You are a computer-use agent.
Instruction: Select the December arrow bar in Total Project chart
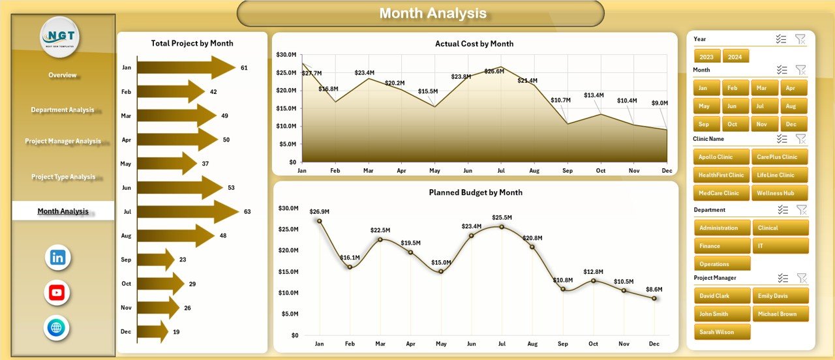(x=153, y=331)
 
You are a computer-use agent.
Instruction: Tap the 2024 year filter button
(x=735, y=57)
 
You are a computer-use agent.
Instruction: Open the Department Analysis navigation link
(x=63, y=110)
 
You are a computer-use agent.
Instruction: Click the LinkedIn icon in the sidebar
(x=57, y=258)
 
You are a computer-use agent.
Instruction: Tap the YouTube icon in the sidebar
(x=57, y=293)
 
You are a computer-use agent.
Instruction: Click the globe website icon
(x=57, y=327)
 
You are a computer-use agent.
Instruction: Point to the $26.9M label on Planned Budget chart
(x=319, y=211)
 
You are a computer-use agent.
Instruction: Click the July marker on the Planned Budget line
(x=502, y=227)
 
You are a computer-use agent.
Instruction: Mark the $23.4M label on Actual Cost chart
(x=364, y=72)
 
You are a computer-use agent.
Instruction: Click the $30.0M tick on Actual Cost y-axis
(x=286, y=55)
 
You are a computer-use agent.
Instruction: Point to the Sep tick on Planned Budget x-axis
(x=563, y=344)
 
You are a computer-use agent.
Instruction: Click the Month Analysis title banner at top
(x=420, y=14)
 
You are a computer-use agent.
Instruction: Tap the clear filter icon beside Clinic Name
(x=800, y=139)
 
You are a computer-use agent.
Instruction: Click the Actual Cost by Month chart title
(x=474, y=44)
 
